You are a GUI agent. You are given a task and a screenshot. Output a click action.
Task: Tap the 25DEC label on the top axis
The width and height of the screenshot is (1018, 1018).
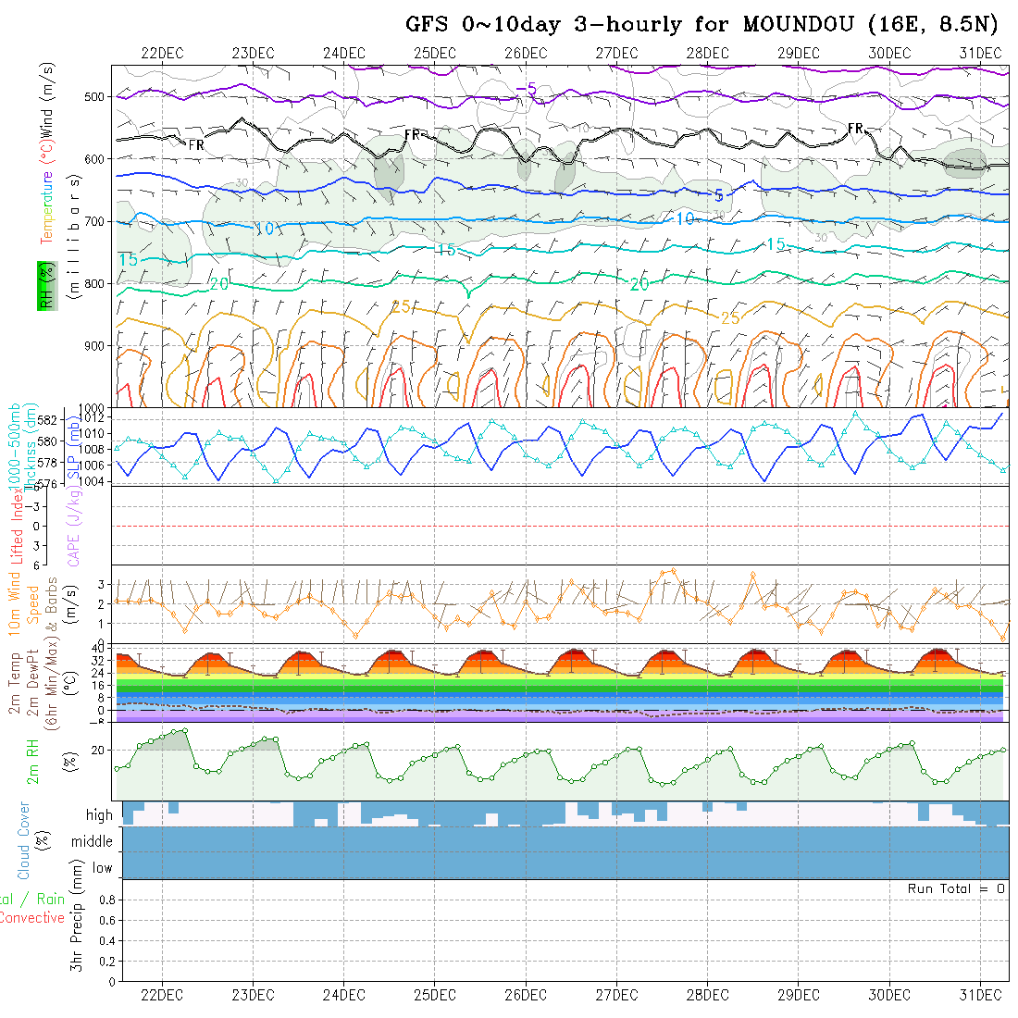(434, 52)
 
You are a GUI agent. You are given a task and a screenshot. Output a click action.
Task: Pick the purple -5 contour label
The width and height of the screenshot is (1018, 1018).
(526, 89)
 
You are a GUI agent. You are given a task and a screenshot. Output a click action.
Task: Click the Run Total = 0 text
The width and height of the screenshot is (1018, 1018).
(956, 888)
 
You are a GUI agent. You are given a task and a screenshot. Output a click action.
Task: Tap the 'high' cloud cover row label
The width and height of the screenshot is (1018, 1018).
(99, 815)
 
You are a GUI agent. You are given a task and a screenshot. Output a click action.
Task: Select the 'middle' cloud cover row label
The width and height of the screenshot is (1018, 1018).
(92, 841)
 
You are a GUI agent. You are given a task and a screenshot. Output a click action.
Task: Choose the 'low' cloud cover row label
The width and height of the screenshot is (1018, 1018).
(102, 868)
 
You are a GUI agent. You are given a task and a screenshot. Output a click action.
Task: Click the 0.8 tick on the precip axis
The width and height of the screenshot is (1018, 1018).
(106, 900)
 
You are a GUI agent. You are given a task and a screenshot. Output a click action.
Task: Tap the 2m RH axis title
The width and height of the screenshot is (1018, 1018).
(33, 761)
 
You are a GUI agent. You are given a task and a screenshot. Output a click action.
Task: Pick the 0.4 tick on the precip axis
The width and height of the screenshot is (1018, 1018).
(106, 940)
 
